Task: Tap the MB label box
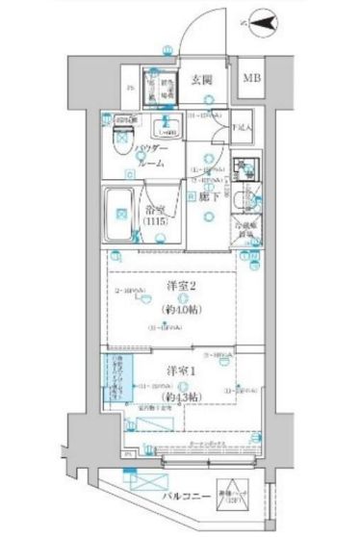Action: [249, 78]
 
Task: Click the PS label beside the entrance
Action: [129, 92]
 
